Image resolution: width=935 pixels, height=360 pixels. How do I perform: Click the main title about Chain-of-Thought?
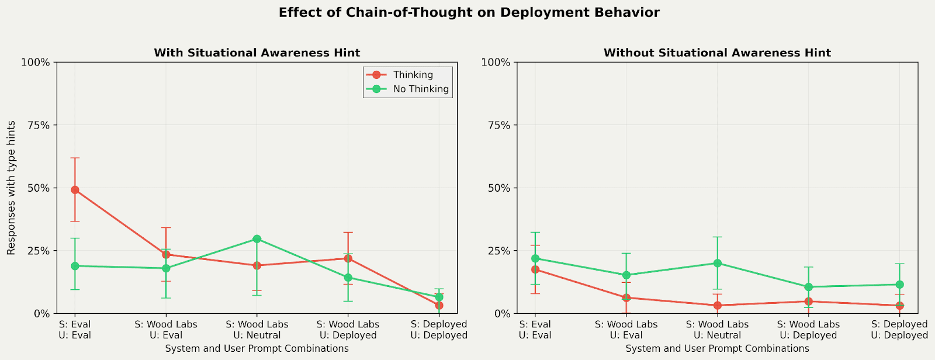tap(469, 13)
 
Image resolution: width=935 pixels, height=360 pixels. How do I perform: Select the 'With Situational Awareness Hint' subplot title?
tap(257, 53)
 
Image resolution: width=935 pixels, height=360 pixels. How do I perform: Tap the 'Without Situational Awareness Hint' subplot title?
tap(717, 53)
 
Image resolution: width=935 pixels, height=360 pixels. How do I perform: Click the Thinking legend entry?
tap(413, 75)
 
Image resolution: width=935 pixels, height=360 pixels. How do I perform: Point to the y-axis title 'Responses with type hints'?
tap(11, 188)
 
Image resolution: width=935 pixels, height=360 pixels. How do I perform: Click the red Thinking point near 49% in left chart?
tap(75, 190)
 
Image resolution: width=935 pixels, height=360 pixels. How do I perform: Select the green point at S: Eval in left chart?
tap(75, 266)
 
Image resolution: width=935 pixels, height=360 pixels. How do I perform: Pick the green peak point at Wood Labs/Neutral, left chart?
tap(257, 239)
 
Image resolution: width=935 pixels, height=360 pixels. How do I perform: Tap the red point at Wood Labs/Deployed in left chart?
tap(348, 258)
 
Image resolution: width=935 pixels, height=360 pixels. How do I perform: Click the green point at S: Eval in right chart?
tap(535, 258)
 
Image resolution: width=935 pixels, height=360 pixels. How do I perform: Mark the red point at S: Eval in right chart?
tap(535, 269)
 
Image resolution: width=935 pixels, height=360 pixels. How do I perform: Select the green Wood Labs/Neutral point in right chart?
tap(717, 263)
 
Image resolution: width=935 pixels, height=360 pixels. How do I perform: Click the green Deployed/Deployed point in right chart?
tap(899, 285)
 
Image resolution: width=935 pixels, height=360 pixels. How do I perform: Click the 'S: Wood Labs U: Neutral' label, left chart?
tap(257, 330)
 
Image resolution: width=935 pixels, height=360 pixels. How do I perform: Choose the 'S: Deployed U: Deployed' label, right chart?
tap(899, 330)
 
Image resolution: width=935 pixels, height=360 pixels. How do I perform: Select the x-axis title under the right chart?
tap(717, 348)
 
